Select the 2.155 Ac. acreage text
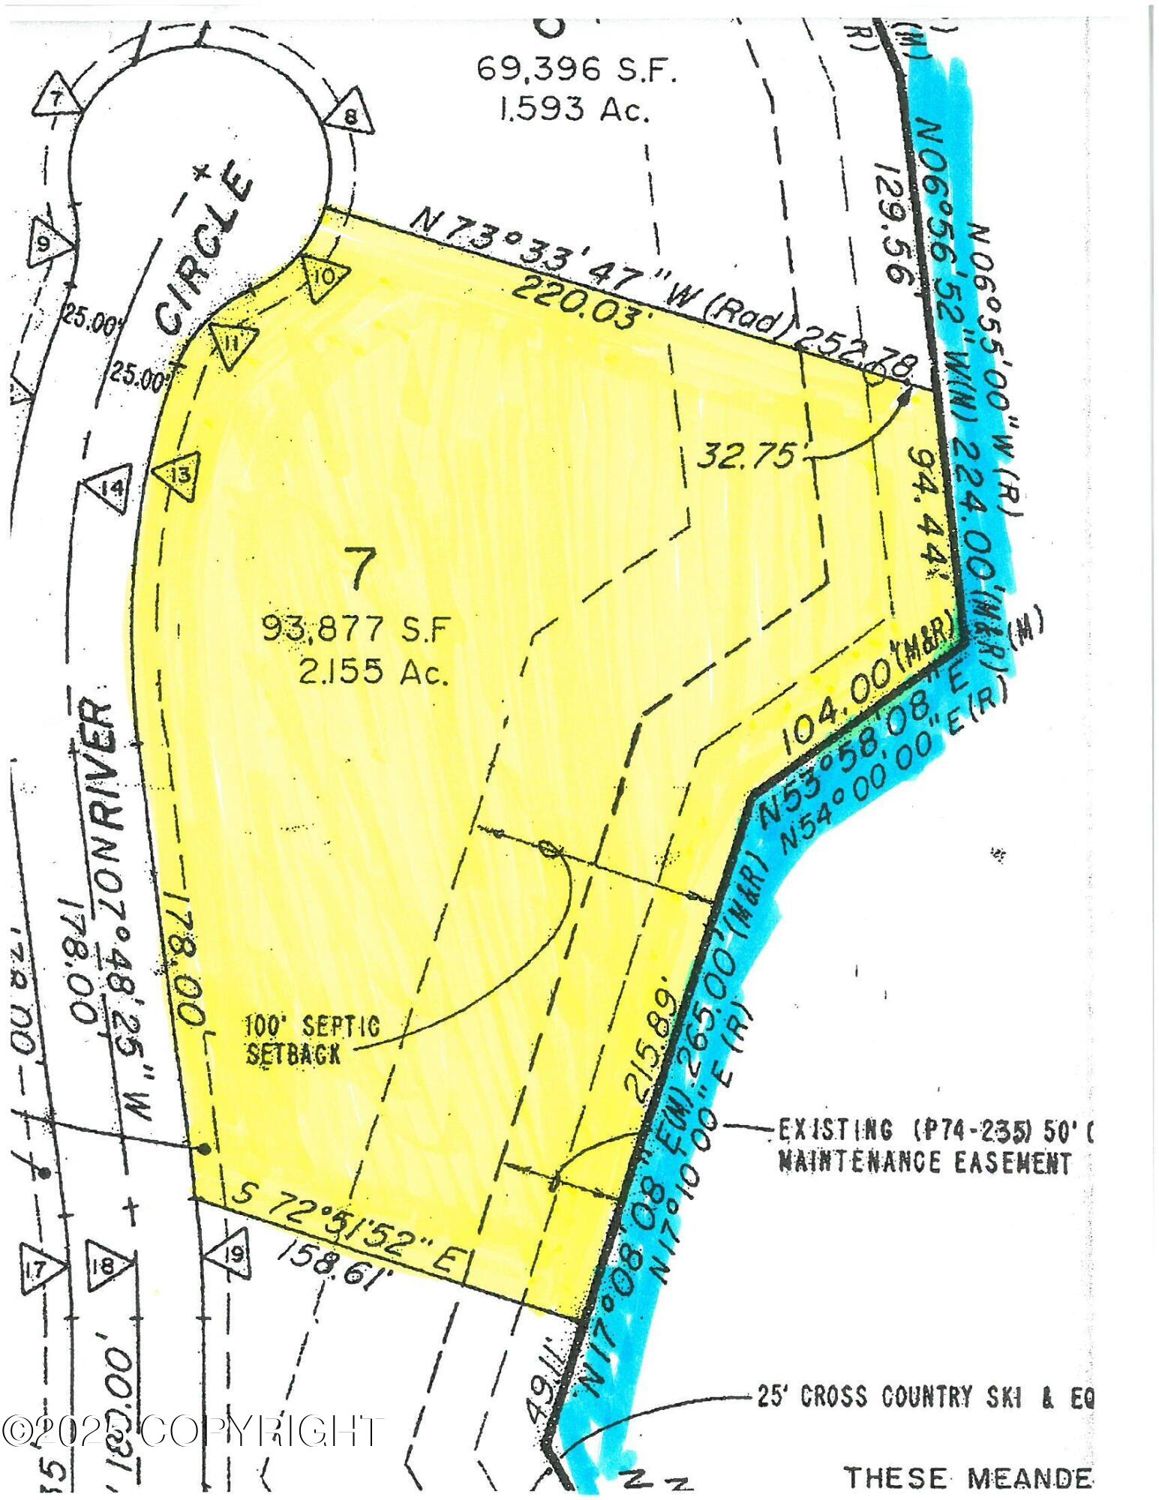pos(374,674)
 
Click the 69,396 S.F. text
pos(577,72)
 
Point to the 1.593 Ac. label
pos(573,111)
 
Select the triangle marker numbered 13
pos(179,475)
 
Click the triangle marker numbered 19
pos(233,1252)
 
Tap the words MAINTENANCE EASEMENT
pos(924,1183)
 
